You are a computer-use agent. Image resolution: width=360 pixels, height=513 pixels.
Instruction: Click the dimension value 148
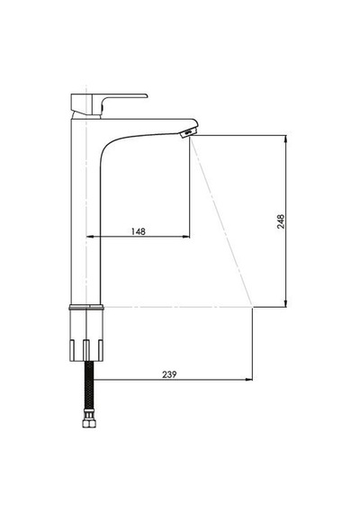pos(138,231)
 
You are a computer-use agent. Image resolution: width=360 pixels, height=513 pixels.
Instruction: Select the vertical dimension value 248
pos(281,221)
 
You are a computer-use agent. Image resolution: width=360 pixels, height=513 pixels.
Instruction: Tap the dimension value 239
pos(169,374)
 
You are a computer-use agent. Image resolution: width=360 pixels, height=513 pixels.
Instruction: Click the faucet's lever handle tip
pos(146,96)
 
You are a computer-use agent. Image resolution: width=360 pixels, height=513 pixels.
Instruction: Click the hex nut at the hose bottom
pos(89,423)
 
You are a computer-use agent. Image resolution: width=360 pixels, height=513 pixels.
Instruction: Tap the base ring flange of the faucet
pos(86,307)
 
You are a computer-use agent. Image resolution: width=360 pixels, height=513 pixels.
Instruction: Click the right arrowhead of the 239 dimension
pos(249,380)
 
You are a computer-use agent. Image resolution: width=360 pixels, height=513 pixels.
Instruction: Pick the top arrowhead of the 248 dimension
pos(285,139)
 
